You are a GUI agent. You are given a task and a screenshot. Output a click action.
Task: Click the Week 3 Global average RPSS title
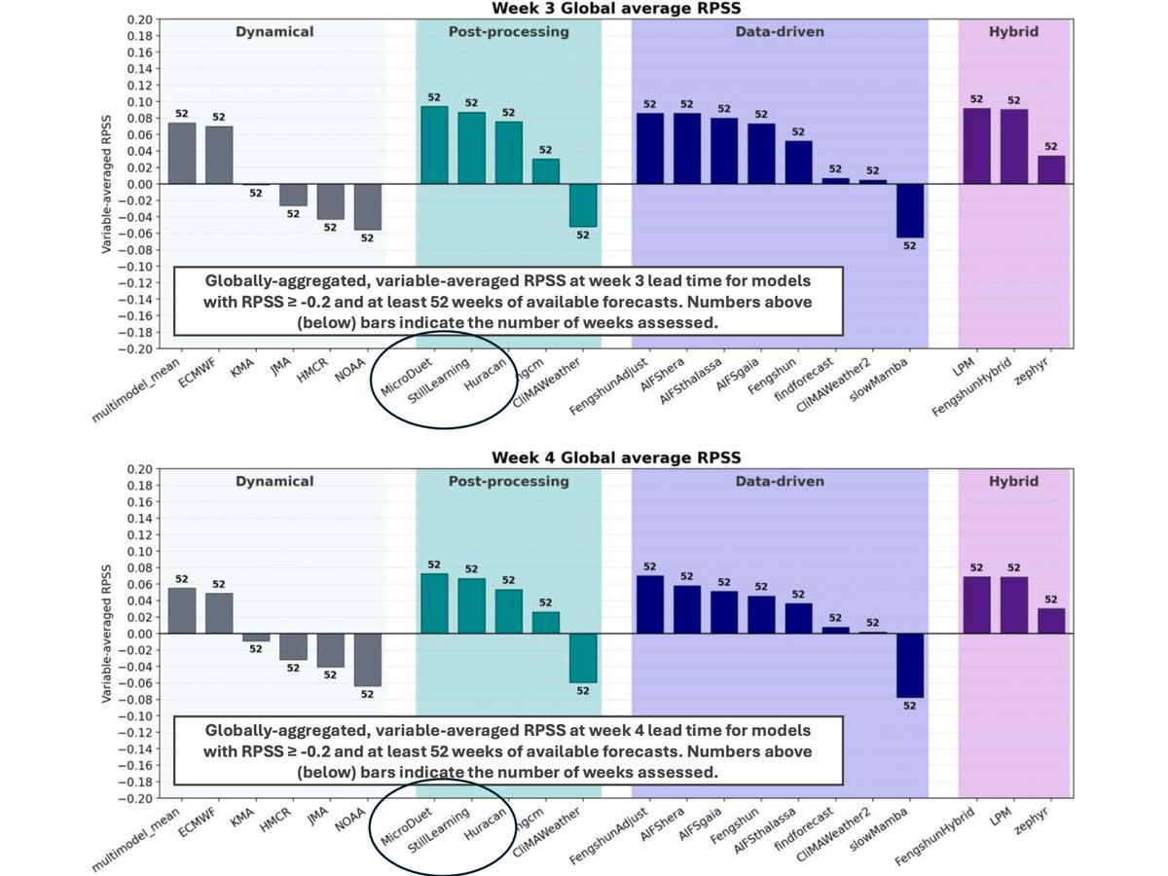pyautogui.click(x=616, y=8)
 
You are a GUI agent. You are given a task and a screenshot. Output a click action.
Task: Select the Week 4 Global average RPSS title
pyautogui.click(x=616, y=457)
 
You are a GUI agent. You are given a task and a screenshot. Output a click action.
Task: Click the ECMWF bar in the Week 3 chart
pyautogui.click(x=219, y=156)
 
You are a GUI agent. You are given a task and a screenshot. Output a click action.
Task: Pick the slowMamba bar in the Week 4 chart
pyautogui.click(x=910, y=666)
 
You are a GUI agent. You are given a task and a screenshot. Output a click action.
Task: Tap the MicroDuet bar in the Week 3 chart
pyautogui.click(x=434, y=145)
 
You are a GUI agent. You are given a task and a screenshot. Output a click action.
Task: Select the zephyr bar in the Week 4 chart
pyautogui.click(x=1051, y=621)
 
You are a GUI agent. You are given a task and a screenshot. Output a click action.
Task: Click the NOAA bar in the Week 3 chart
pyautogui.click(x=368, y=207)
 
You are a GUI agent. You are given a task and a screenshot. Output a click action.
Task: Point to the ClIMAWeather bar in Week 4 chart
pyautogui.click(x=583, y=658)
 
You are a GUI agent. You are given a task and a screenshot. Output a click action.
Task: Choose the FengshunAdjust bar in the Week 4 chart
pyautogui.click(x=650, y=604)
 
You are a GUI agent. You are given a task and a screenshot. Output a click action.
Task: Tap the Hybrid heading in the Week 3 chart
pyautogui.click(x=1013, y=32)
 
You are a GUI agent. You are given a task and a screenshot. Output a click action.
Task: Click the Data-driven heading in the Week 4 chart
pyautogui.click(x=780, y=482)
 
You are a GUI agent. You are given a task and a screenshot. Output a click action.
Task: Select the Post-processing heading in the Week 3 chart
pyautogui.click(x=509, y=32)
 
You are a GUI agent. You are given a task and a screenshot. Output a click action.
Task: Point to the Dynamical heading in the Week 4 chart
pyautogui.click(x=274, y=482)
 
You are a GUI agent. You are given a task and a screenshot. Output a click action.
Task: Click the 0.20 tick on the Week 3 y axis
pyautogui.click(x=140, y=20)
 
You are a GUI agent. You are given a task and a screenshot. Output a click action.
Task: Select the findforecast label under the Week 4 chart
pyautogui.click(x=804, y=829)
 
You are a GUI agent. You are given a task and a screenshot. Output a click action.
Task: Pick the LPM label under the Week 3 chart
pyautogui.click(x=965, y=367)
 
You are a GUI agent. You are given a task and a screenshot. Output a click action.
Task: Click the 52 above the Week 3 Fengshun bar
pyautogui.click(x=798, y=131)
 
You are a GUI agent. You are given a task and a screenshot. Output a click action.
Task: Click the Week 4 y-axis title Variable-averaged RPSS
pyautogui.click(x=106, y=634)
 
